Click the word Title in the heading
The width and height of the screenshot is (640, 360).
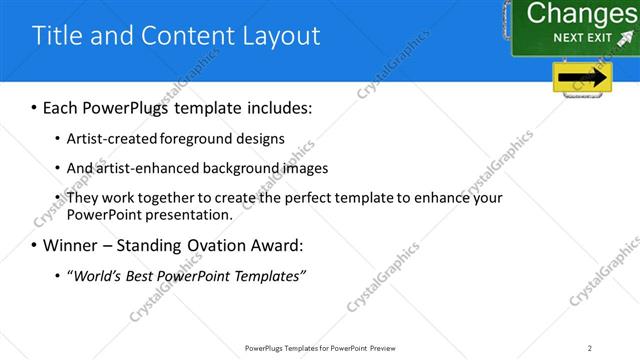tap(58, 36)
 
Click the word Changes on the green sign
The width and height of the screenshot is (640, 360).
tap(581, 13)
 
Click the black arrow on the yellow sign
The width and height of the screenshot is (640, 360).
tap(583, 78)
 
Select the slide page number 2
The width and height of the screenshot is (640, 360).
tap(590, 347)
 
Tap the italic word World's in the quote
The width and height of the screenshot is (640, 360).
tap(97, 275)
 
